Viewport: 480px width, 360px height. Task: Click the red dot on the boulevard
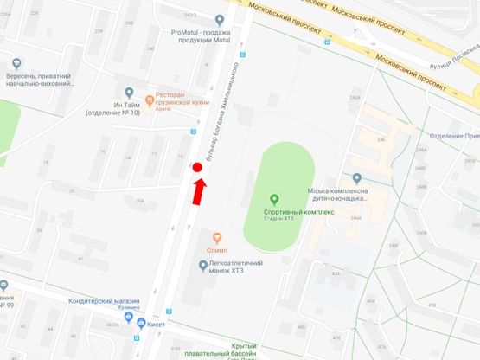[x=197, y=167]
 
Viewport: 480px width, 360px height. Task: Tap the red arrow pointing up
[x=199, y=192]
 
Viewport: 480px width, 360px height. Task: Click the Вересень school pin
[x=17, y=63]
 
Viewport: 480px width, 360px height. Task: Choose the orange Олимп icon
[x=217, y=237]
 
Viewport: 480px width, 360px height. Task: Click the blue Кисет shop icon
[x=130, y=319]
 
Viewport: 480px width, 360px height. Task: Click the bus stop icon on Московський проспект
[x=326, y=42]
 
